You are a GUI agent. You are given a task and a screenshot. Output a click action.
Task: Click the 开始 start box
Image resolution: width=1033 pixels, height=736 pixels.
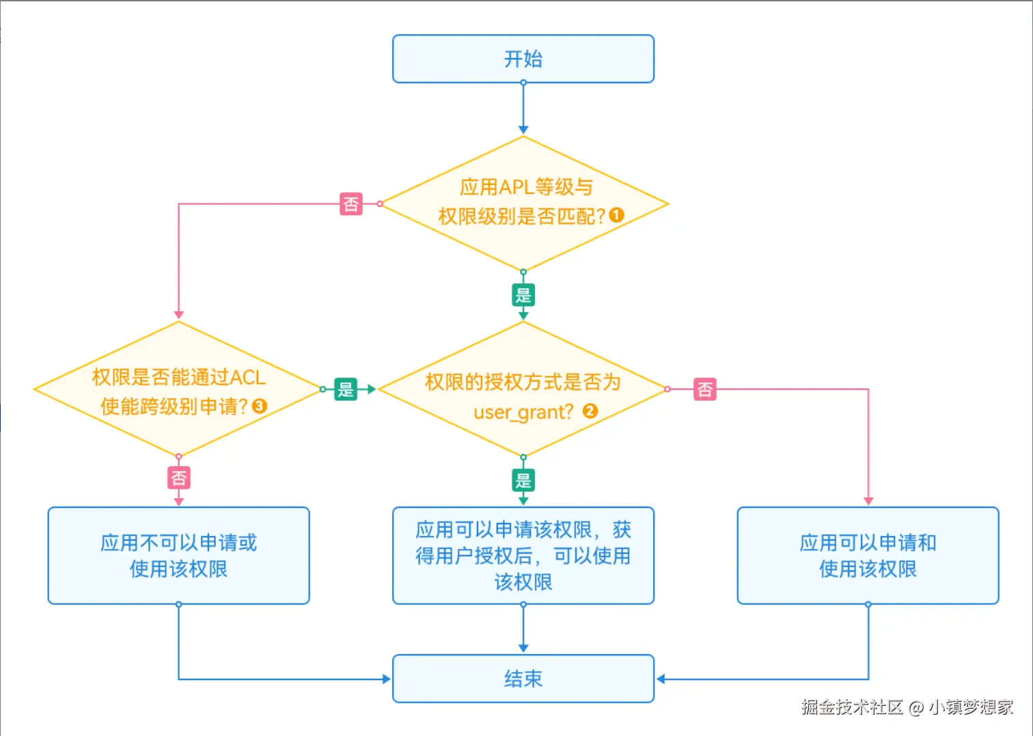[523, 59]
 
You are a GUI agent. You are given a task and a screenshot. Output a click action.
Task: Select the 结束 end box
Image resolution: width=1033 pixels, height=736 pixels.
[523, 679]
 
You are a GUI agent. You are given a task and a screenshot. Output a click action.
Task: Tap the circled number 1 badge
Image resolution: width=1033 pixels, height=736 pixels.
[616, 216]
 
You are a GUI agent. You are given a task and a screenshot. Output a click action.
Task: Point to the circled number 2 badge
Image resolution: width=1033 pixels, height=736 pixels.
[590, 411]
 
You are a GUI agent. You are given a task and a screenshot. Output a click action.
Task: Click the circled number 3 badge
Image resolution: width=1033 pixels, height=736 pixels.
[260, 406]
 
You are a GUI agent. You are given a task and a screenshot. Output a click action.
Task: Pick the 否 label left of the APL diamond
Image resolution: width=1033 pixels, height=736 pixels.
[351, 203]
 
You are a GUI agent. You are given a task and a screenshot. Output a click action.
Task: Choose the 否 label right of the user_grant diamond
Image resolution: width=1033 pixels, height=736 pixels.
[704, 389]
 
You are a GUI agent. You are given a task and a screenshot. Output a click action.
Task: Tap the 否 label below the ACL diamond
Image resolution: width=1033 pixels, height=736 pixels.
[178, 477]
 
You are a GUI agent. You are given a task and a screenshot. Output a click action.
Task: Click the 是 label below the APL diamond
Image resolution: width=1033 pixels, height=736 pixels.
[523, 295]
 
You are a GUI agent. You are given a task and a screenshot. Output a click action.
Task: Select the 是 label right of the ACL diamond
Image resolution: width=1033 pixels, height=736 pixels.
[346, 389]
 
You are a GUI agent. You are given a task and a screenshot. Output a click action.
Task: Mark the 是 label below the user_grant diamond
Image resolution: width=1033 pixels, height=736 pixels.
[523, 480]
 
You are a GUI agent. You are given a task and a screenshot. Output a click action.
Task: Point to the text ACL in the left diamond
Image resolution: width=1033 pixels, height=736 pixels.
[247, 378]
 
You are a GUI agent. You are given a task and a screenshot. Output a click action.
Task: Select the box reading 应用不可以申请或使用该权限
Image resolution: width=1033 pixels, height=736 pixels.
[178, 556]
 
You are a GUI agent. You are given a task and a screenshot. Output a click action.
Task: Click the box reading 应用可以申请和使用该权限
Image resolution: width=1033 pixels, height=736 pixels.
[868, 556]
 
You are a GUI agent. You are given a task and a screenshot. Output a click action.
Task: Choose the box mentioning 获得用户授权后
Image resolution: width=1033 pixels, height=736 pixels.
[523, 556]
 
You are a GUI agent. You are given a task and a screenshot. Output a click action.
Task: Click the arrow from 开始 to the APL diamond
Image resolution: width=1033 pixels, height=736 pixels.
[523, 109]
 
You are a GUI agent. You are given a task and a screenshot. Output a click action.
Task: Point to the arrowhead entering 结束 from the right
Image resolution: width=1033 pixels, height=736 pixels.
[661, 679]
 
